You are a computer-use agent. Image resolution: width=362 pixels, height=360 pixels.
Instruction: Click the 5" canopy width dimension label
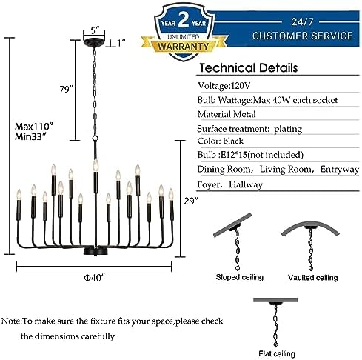(95, 30)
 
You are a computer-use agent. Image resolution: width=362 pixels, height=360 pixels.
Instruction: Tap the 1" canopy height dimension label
(121, 43)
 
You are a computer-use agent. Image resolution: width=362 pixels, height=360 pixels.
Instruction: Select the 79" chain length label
(67, 89)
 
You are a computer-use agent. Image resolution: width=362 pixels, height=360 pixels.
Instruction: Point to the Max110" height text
(34, 127)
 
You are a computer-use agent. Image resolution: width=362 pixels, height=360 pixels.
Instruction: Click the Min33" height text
(30, 136)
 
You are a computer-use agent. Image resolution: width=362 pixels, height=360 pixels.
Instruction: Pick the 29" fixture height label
(191, 201)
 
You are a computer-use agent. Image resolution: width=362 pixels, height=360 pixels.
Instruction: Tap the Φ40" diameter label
(94, 278)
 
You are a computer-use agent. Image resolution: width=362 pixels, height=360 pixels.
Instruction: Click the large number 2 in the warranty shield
(184, 20)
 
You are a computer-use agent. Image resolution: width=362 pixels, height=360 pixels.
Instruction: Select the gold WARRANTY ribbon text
(184, 47)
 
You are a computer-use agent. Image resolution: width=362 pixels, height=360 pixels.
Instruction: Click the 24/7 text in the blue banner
(302, 22)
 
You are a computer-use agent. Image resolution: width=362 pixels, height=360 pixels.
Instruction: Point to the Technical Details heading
(249, 68)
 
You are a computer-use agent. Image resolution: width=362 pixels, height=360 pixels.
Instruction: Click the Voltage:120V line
(224, 86)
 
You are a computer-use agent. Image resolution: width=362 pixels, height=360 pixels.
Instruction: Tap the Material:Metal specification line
(227, 114)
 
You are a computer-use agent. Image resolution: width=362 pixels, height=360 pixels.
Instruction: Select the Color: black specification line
(221, 141)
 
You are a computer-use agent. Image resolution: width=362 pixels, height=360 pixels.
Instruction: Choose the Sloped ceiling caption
(240, 277)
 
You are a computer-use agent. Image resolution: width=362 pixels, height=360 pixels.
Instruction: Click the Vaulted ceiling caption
(312, 278)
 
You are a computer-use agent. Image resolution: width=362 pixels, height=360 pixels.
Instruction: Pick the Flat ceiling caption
(277, 353)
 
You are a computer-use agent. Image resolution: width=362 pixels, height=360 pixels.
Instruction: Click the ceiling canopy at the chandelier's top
(94, 43)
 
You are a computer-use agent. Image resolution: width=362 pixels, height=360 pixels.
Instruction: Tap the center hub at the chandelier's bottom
(95, 252)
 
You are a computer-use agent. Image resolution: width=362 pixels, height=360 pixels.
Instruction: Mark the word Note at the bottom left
(12, 321)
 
